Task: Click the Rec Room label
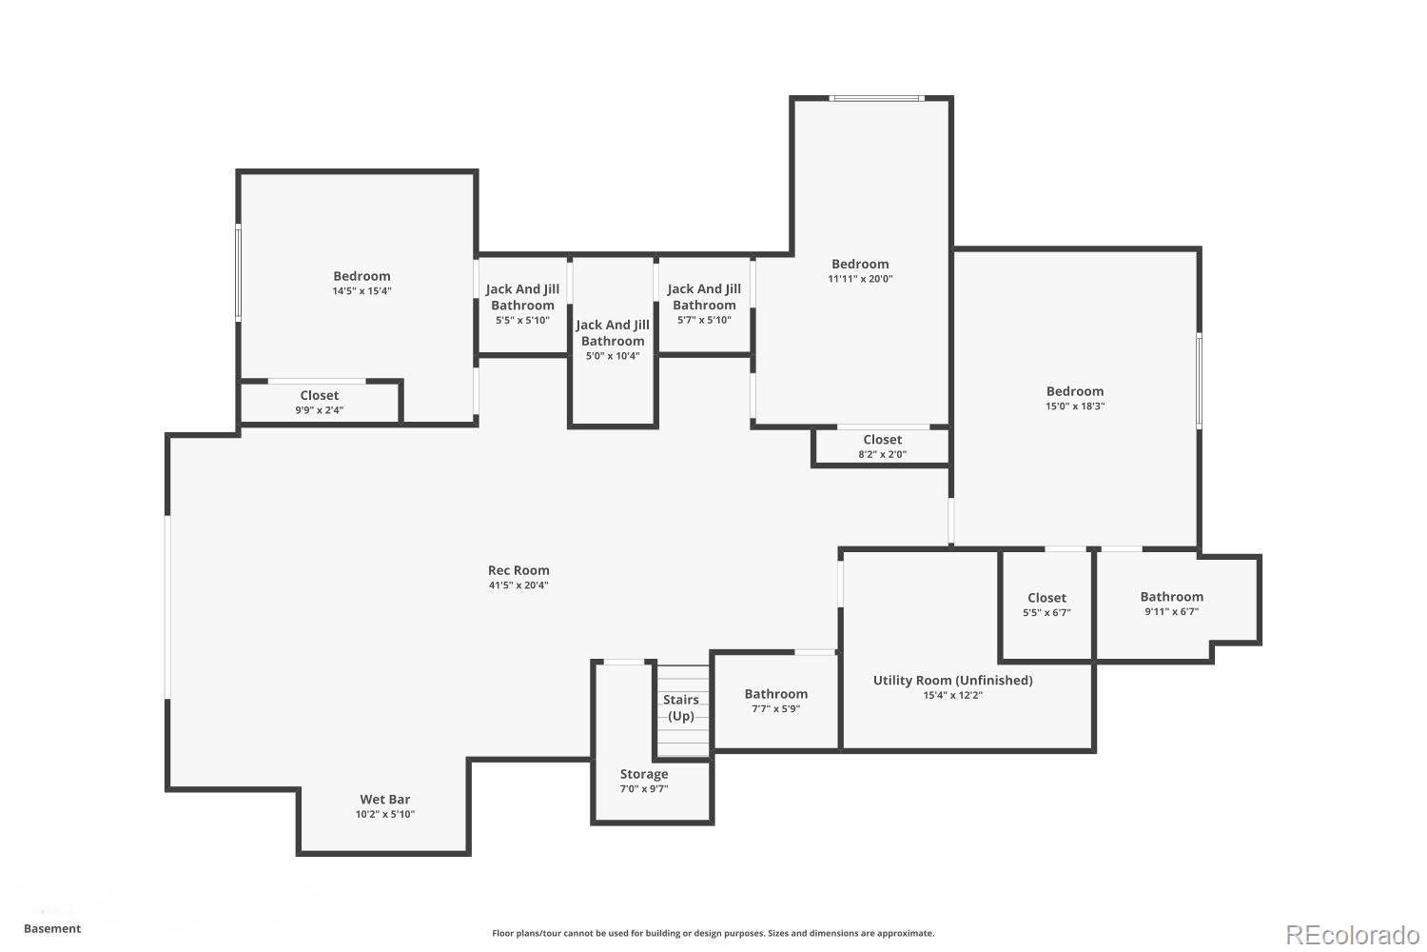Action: coord(518,571)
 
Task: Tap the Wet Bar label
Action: coord(385,800)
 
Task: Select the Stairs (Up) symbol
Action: coord(682,709)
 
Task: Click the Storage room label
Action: coord(644,774)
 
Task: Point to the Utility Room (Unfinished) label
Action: coord(952,681)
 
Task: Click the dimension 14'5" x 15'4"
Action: coord(362,291)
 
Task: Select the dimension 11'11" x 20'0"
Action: coord(860,279)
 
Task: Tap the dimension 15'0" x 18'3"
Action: coord(1075,406)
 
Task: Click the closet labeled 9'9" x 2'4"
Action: coord(320,402)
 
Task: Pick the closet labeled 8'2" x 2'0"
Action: coord(882,446)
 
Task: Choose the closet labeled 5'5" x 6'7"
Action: coord(1046,605)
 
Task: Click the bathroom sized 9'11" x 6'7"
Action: coord(1171,604)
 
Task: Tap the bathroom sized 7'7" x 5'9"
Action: coord(776,701)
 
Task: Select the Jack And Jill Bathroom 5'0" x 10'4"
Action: coord(613,340)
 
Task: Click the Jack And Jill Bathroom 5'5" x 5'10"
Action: coord(522,304)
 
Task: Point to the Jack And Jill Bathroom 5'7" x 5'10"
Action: coord(704,304)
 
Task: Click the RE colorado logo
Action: coord(1351,934)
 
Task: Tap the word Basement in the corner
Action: coord(52,928)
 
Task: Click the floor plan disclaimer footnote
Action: coord(713,933)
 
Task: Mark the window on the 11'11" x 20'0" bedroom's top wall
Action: coord(875,98)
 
